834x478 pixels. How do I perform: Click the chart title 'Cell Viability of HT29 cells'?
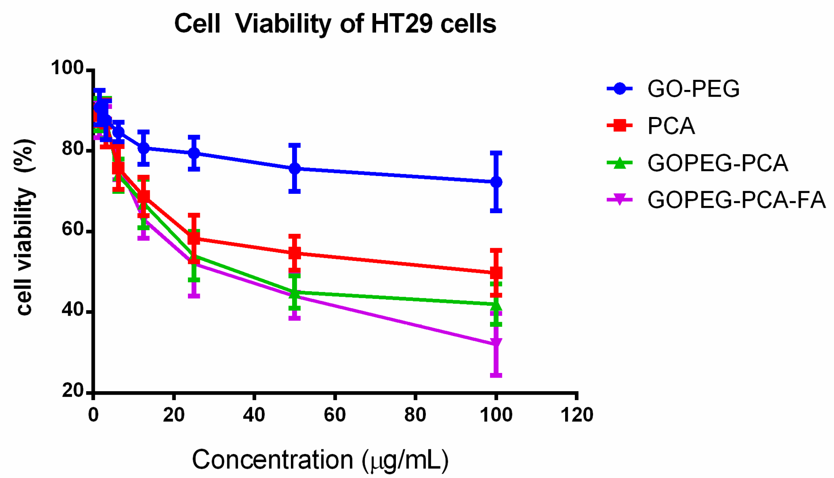(335, 24)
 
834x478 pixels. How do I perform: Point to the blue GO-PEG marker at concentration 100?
(496, 182)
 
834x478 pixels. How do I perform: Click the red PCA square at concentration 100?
(496, 273)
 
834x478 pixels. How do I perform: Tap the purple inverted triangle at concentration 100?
(496, 343)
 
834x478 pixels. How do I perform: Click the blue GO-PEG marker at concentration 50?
(295, 169)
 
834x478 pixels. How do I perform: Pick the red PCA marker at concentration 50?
(295, 254)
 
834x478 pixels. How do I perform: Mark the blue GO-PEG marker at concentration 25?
(194, 153)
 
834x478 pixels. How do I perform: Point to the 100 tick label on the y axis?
(68, 68)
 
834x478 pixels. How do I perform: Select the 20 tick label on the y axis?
(73, 390)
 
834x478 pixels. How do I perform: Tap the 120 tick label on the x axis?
(577, 415)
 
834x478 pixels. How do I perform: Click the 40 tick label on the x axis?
(254, 415)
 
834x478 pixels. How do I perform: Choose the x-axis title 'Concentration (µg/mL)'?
(320, 460)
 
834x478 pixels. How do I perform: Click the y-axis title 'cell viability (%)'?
(25, 227)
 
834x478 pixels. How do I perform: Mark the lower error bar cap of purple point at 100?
(496, 375)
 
